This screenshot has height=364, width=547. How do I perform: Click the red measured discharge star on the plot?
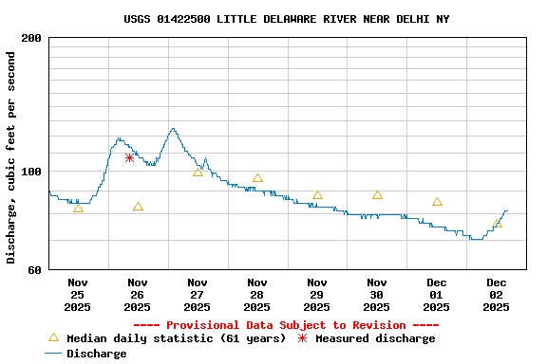(129, 157)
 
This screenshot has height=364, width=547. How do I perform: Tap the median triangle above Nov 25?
(78, 208)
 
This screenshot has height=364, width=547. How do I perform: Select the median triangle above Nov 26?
(138, 207)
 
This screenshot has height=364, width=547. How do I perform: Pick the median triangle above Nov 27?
(198, 172)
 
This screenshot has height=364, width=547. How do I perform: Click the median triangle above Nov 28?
(257, 178)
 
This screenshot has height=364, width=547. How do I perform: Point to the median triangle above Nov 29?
(317, 195)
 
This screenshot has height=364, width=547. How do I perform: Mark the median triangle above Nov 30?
(377, 194)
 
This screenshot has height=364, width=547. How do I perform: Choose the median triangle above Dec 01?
(437, 202)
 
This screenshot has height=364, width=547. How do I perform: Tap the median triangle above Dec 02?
(497, 224)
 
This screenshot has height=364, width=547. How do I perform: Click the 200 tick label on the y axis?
(31, 38)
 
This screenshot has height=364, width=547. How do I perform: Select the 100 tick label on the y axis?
(31, 172)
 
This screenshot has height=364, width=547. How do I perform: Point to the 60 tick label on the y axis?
(34, 270)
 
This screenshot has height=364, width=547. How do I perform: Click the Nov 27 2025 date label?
(198, 295)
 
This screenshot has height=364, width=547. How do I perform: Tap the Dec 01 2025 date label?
(437, 295)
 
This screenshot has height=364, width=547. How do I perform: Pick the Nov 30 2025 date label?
(377, 295)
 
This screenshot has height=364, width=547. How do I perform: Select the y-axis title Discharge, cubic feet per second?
(11, 157)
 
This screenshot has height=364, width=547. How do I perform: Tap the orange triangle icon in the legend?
(53, 338)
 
